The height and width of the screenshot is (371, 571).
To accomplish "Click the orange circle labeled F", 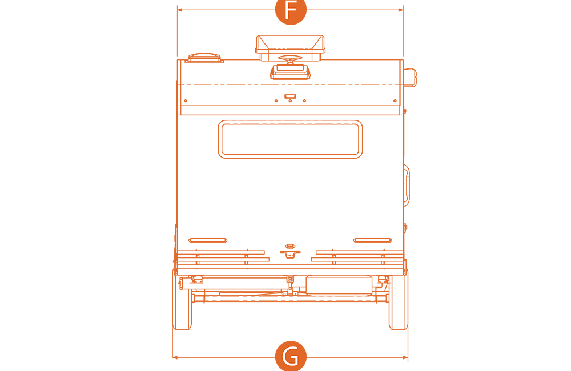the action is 291,10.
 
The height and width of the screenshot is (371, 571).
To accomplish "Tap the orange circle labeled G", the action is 291,356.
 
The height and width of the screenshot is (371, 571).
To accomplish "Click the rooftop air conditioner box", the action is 290,48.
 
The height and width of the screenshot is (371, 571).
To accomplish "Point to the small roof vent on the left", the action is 204,58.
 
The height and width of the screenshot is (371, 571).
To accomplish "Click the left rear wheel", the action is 182,300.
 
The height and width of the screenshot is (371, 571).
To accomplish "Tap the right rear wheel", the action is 399,300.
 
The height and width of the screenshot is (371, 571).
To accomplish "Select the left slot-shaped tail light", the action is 208,240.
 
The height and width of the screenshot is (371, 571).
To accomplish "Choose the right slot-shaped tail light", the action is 372,240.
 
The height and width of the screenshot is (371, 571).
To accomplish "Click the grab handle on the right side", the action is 407,185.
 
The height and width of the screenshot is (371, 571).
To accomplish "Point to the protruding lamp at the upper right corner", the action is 410,78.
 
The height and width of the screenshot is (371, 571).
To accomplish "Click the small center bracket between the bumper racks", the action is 290,251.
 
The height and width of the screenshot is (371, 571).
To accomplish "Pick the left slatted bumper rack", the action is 222,257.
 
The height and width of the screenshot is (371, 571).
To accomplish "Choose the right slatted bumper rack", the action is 359,257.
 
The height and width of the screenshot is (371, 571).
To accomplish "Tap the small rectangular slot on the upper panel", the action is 290,96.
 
